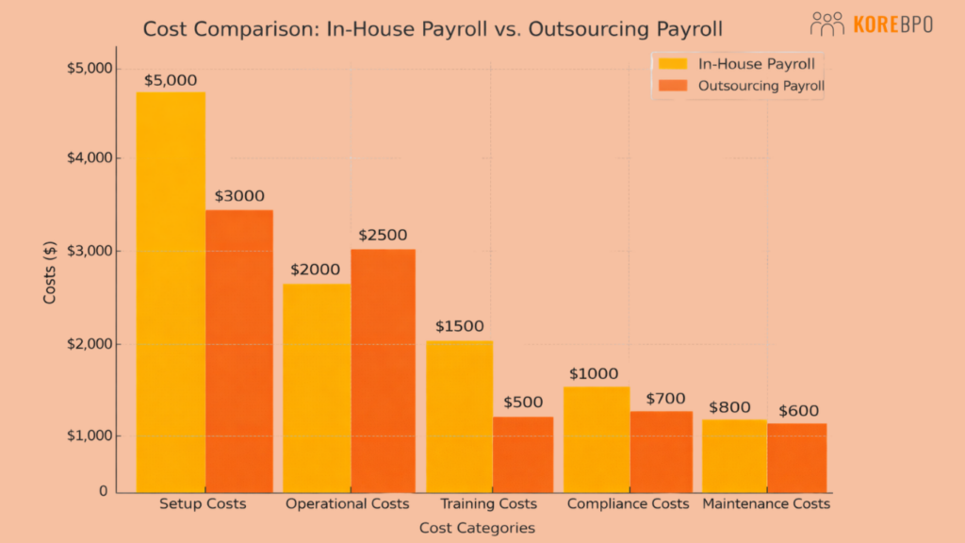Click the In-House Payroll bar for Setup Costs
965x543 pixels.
click(171, 292)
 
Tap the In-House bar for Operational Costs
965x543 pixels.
click(317, 387)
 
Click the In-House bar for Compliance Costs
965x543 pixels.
click(597, 439)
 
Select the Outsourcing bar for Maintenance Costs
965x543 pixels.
click(796, 457)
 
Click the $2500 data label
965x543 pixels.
click(382, 235)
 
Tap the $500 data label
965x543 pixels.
click(523, 403)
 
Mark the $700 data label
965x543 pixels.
click(665, 399)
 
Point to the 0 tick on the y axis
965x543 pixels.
click(104, 491)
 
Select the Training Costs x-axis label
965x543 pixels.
click(490, 504)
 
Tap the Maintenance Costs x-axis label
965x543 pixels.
click(766, 504)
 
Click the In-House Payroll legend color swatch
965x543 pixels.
click(673, 64)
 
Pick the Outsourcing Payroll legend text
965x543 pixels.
click(761, 86)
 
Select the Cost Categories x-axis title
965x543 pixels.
click(477, 528)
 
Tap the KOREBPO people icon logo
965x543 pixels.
click(826, 24)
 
